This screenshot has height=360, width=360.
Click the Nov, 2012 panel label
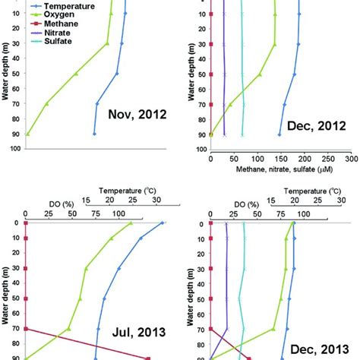tap(137, 115)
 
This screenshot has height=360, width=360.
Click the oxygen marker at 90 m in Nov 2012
tap(27, 134)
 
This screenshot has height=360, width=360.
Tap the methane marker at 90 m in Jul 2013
tap(148, 358)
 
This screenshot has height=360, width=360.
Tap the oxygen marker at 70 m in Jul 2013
tap(68, 329)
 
